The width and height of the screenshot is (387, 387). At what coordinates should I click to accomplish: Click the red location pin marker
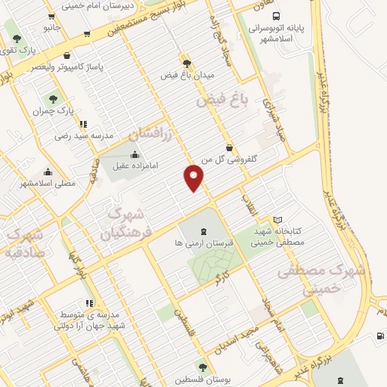pos(193,178)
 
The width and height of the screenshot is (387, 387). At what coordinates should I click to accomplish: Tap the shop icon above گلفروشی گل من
pos(229,147)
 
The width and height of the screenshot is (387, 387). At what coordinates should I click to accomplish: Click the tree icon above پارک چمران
pos(53,98)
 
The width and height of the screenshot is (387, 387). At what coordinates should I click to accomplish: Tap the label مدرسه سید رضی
pos(84,136)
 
